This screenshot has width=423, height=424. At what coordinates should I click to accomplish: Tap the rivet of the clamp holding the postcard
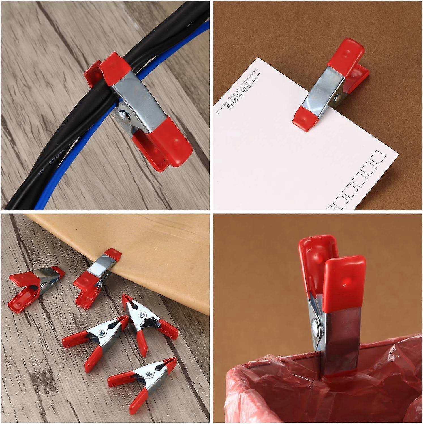tap(337, 99)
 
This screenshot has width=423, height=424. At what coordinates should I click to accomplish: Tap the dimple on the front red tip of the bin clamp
tap(345, 282)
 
